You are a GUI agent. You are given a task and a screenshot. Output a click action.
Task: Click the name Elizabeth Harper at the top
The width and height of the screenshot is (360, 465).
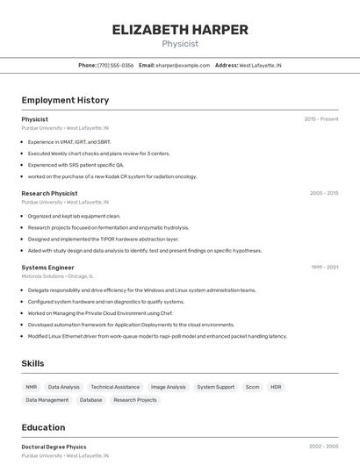(180, 29)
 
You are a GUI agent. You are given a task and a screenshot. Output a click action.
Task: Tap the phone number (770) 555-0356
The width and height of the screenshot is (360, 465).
(115, 65)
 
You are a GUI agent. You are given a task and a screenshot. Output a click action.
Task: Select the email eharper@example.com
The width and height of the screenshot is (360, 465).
(183, 65)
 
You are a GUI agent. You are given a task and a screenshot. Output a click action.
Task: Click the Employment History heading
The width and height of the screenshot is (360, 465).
(65, 101)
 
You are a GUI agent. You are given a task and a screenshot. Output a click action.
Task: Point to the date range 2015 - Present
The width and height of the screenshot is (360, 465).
(321, 119)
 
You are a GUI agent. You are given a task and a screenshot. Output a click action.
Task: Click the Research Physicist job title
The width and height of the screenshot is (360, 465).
(49, 193)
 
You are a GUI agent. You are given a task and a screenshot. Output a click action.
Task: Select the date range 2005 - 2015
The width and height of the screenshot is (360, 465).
(324, 193)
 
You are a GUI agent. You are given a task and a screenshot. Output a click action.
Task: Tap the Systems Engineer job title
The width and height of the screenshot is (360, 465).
(47, 267)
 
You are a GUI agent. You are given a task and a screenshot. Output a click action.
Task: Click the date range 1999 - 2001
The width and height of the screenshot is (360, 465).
(325, 267)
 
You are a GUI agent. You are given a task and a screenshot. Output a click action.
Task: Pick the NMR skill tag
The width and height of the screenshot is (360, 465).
(32, 387)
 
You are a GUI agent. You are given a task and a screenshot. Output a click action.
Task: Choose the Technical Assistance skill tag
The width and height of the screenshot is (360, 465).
(115, 387)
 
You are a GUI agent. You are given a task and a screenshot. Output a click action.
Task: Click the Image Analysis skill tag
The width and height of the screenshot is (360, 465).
(169, 387)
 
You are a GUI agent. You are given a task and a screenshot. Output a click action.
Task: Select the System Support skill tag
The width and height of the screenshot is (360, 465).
(215, 387)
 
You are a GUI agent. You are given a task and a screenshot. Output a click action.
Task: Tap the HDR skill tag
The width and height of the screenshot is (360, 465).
(276, 387)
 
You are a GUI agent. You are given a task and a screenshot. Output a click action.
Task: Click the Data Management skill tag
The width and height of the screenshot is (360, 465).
(47, 400)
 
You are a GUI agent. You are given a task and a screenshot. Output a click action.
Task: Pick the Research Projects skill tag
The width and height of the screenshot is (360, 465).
(135, 400)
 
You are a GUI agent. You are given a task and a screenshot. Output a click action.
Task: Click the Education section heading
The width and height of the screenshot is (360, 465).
(43, 428)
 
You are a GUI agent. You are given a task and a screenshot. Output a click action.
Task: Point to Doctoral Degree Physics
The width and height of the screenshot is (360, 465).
(54, 447)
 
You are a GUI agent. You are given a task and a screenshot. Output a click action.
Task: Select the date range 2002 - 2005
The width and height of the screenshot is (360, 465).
(324, 447)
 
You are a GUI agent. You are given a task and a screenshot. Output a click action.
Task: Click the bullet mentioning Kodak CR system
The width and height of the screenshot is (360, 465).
(112, 176)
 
